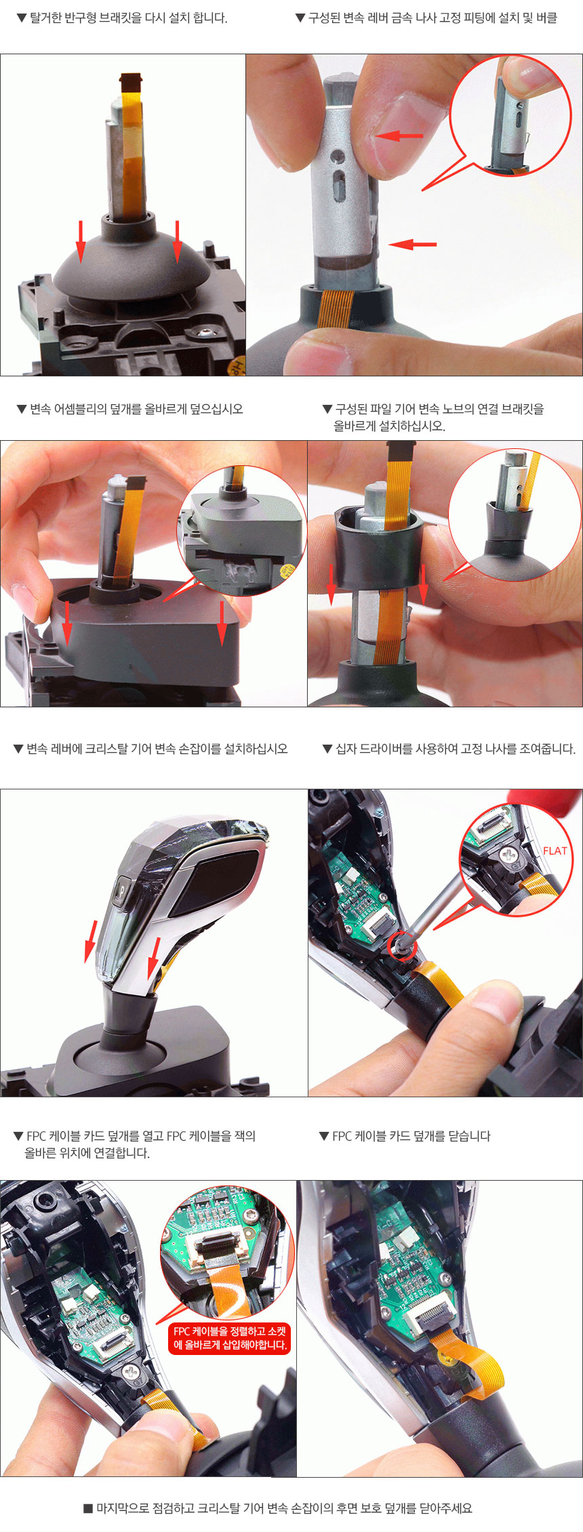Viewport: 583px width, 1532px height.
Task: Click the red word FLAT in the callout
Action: tap(555, 850)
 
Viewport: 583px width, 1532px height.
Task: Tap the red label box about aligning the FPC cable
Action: tap(230, 1338)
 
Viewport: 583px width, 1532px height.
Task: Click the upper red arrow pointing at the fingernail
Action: tap(400, 136)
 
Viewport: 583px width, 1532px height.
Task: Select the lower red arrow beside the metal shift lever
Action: tap(413, 243)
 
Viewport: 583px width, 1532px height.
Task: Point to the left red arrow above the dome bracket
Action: tap(81, 241)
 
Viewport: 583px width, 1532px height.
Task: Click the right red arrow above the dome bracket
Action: tap(177, 241)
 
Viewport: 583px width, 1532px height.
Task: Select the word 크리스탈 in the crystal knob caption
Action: tap(106, 749)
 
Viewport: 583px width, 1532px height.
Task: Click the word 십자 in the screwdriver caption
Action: tap(346, 749)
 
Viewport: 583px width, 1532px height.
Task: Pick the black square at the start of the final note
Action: tap(87, 1508)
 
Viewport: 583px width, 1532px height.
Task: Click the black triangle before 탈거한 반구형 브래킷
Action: tap(22, 18)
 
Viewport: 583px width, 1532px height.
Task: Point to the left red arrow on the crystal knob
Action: tap(91, 941)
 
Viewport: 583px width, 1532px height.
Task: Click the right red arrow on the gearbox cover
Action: tap(222, 623)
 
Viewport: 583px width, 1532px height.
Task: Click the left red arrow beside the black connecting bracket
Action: tap(331, 584)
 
